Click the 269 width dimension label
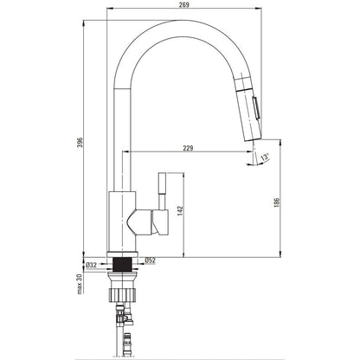(x=183, y=4)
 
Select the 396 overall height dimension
(x=80, y=142)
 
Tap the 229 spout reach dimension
(x=188, y=148)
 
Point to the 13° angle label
(x=265, y=157)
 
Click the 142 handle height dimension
(x=180, y=211)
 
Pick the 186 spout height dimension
(x=276, y=202)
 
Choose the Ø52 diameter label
(x=150, y=260)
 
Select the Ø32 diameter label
(x=92, y=265)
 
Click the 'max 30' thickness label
(x=80, y=284)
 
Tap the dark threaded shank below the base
(x=123, y=264)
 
